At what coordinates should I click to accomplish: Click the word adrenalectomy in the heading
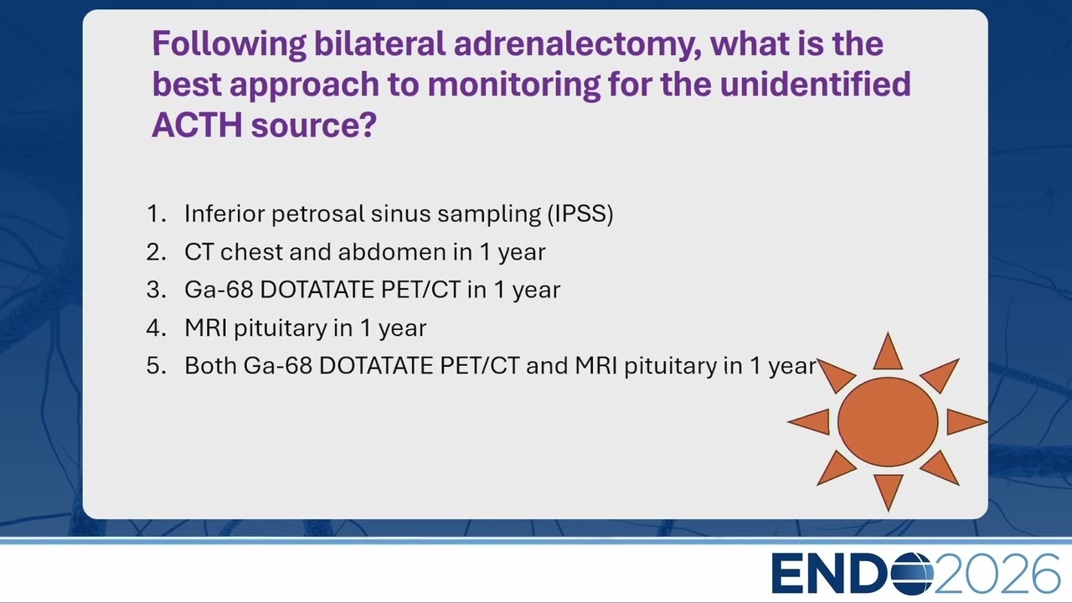(x=578, y=45)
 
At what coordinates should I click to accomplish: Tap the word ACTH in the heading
(x=197, y=125)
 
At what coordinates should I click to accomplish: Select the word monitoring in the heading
(x=513, y=85)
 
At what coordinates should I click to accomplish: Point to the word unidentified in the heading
(x=815, y=84)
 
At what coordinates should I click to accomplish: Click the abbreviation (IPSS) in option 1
(x=580, y=214)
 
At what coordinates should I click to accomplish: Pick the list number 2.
(x=157, y=252)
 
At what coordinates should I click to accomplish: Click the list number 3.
(x=157, y=290)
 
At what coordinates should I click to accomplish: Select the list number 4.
(x=157, y=328)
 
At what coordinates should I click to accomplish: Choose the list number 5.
(x=157, y=366)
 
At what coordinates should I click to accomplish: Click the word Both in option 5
(x=211, y=366)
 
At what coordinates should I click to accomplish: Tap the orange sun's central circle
(x=888, y=421)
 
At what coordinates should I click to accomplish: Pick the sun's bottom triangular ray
(x=889, y=491)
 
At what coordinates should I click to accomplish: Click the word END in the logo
(x=831, y=574)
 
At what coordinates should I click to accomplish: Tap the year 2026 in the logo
(x=997, y=574)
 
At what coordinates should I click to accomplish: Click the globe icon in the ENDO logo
(x=910, y=574)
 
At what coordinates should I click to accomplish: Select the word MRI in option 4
(x=206, y=327)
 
